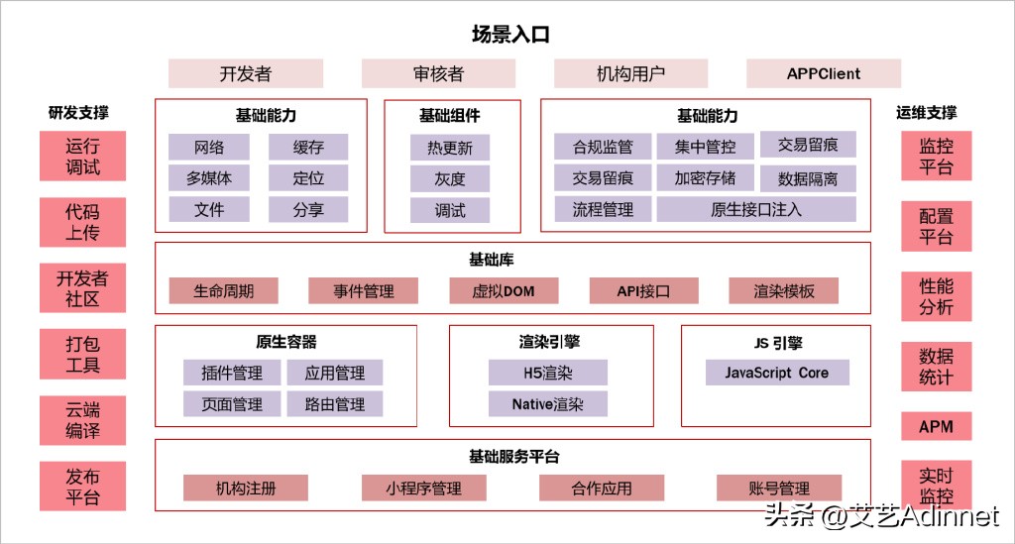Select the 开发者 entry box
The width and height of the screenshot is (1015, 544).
click(x=245, y=73)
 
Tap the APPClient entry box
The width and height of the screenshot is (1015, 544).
click(x=823, y=73)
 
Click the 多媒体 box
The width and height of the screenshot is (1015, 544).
click(x=208, y=178)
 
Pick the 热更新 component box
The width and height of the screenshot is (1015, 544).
click(x=450, y=149)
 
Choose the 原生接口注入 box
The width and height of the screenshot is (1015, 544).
click(x=756, y=209)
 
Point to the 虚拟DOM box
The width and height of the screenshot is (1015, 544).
click(x=504, y=290)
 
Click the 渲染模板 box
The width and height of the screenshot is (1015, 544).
click(x=783, y=290)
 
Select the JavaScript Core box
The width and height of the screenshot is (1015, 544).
click(x=776, y=373)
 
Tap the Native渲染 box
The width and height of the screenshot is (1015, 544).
click(x=547, y=403)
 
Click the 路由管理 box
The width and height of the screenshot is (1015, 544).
click(x=335, y=403)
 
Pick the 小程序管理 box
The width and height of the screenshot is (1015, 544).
click(x=423, y=488)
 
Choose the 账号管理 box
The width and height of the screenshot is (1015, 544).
click(x=779, y=488)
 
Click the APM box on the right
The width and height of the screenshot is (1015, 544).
click(x=936, y=427)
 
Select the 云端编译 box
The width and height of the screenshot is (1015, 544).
click(x=83, y=420)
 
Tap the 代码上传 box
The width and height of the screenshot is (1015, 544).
click(x=83, y=221)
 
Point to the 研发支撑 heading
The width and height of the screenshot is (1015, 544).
click(x=78, y=113)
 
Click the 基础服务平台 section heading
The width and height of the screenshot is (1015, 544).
click(x=513, y=457)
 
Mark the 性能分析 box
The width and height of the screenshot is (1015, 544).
click(x=936, y=296)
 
